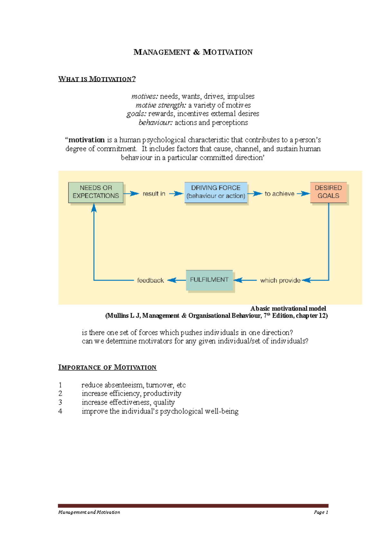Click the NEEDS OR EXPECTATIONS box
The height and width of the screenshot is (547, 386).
tap(96, 192)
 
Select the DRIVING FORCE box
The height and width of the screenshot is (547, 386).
tap(216, 192)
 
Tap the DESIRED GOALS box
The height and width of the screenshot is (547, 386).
tap(328, 192)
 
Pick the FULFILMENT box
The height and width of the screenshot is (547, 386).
tap(209, 280)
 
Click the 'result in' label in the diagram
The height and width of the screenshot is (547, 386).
tap(154, 194)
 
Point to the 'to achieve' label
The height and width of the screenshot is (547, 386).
tap(279, 194)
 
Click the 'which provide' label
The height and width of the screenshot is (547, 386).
tap(280, 280)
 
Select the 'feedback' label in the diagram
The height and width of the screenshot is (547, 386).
tap(150, 280)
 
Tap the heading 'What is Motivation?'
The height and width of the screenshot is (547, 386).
tap(97, 79)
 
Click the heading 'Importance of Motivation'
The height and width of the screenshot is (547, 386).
tap(107, 367)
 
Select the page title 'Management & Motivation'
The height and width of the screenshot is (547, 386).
tap(193, 52)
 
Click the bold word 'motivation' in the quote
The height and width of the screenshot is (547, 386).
tap(87, 140)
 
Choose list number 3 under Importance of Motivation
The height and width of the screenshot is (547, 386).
tap(60, 402)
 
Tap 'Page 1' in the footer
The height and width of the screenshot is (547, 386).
tap(321, 512)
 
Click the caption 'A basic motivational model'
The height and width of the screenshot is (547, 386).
tap(288, 309)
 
